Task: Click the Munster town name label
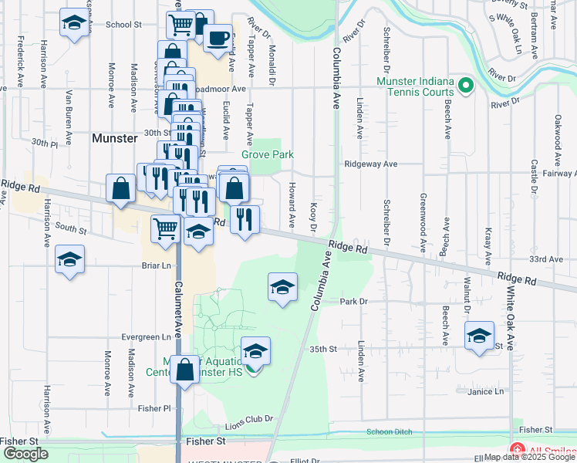tap(114, 138)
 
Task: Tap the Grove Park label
tap(268, 154)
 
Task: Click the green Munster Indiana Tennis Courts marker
tap(465, 85)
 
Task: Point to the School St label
tap(123, 25)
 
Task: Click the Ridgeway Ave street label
tap(370, 164)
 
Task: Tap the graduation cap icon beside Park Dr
tap(282, 288)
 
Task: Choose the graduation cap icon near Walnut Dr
tap(479, 336)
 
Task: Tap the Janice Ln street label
tap(484, 392)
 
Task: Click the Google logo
tap(25, 454)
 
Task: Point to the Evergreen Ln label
tap(145, 337)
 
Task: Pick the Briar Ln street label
tap(156, 265)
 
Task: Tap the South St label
tap(71, 229)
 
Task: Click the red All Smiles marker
tap(515, 450)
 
